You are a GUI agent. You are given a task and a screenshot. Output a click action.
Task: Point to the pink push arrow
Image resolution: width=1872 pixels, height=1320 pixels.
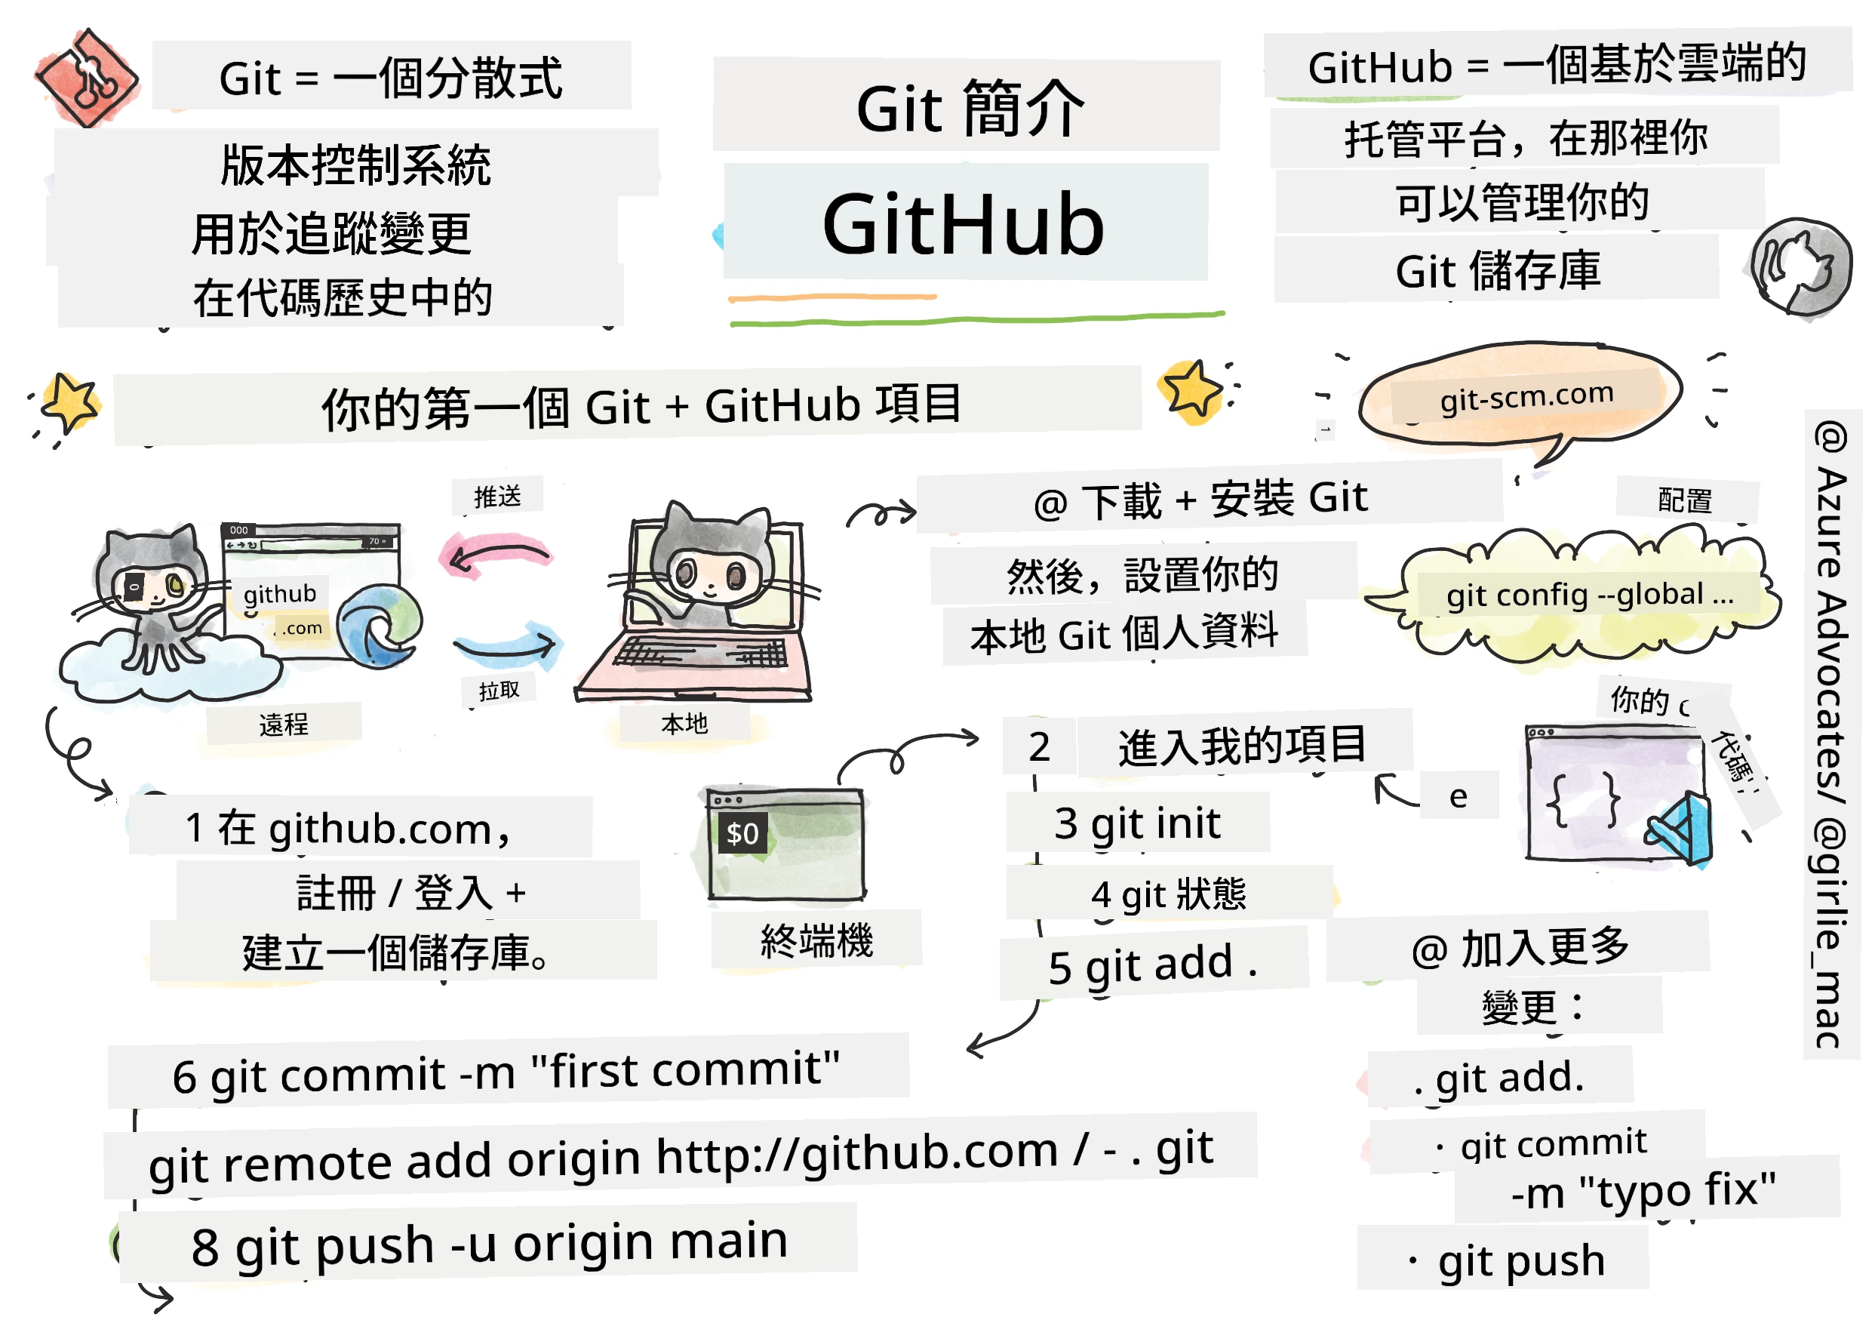tap(496, 555)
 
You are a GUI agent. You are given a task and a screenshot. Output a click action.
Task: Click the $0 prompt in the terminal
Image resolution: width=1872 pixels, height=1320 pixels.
tap(742, 833)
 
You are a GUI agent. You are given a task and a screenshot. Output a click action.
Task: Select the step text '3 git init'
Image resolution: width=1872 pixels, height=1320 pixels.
tap(1136, 823)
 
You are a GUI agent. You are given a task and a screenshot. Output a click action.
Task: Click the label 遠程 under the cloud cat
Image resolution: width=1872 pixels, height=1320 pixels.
tap(284, 724)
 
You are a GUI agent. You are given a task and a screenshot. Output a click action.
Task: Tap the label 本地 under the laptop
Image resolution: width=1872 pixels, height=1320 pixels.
tap(684, 723)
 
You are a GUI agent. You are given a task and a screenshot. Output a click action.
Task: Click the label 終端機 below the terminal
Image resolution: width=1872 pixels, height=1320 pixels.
tap(816, 941)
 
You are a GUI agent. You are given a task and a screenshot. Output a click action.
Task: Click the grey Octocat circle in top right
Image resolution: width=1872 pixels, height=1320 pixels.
tap(1800, 266)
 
